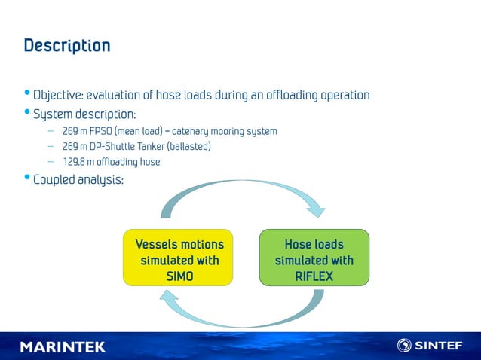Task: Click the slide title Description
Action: pyautogui.click(x=67, y=46)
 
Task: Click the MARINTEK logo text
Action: pyautogui.click(x=63, y=346)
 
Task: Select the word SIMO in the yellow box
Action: pyautogui.click(x=179, y=276)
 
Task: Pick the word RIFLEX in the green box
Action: pyautogui.click(x=314, y=276)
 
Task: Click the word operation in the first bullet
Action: pyautogui.click(x=345, y=96)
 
